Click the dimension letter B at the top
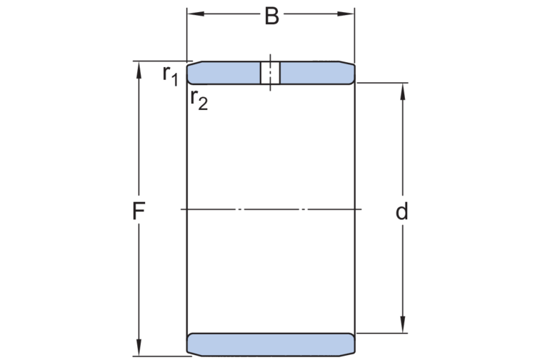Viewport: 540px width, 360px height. click(x=271, y=16)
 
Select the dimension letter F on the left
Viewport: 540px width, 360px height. click(x=139, y=211)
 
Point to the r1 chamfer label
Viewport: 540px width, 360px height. click(x=170, y=74)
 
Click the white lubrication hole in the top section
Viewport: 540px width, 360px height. click(x=270, y=73)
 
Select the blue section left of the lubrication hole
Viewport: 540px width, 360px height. click(x=223, y=73)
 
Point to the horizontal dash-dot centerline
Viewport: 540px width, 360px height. click(x=271, y=209)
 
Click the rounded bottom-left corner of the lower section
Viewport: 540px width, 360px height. click(x=190, y=350)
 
